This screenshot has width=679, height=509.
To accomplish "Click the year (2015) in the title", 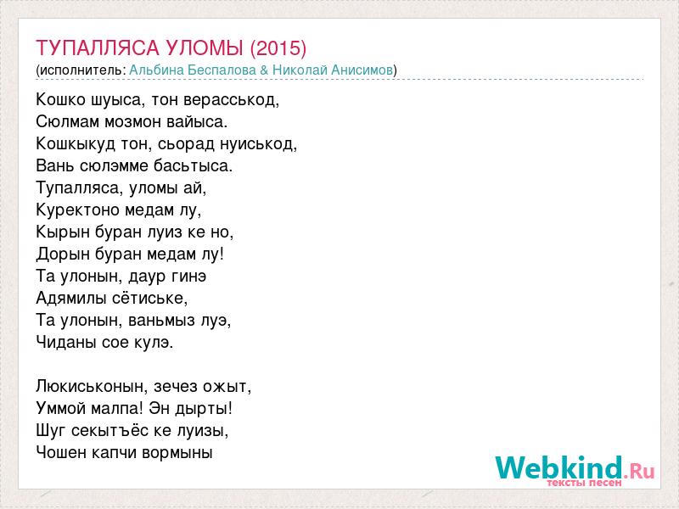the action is [x=278, y=48].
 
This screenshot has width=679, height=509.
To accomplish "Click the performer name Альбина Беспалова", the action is [x=193, y=70].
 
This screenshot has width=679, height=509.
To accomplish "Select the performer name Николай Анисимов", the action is [x=333, y=70].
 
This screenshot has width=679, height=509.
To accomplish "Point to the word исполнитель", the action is [x=82, y=70].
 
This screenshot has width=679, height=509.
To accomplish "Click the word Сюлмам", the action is [x=68, y=121].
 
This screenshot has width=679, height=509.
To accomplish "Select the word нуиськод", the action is [x=256, y=143].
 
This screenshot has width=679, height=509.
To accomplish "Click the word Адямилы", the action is [x=71, y=298].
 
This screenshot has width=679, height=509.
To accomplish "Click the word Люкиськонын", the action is [x=88, y=386].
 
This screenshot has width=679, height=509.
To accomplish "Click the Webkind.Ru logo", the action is [x=575, y=470].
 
